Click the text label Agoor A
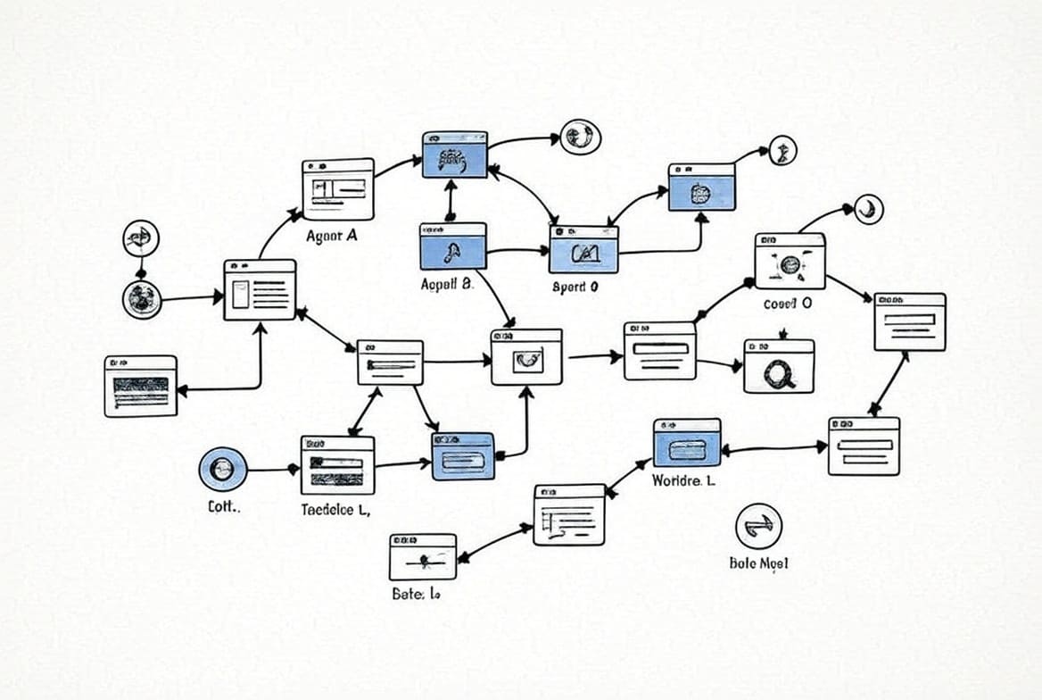pos(332,237)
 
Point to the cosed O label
pos(788,303)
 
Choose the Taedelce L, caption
pos(336,511)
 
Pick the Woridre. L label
pos(682,480)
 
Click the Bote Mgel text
pos(758,563)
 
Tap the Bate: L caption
pos(416,593)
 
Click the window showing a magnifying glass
pos(779,366)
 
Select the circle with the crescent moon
pos(866,209)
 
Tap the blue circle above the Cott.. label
pos(223,469)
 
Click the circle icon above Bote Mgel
pos(758,526)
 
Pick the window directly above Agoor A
pos(338,189)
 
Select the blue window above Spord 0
pos(583,249)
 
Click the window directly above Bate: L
pos(422,557)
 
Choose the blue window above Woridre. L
pos(687,443)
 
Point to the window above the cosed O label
pos(790,261)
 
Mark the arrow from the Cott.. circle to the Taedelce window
pos(272,469)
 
